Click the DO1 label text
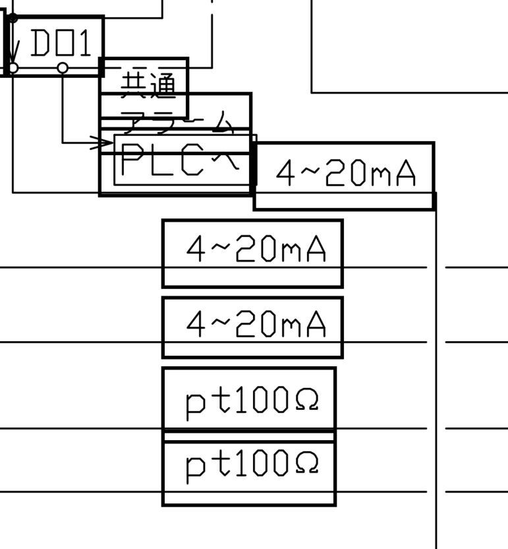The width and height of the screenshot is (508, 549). pyautogui.click(x=60, y=44)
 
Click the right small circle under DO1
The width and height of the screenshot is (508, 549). pyautogui.click(x=63, y=67)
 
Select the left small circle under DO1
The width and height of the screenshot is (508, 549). pyautogui.click(x=13, y=67)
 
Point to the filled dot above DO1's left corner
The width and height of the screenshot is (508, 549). pyautogui.click(x=13, y=18)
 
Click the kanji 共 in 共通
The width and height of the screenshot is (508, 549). pyautogui.click(x=132, y=84)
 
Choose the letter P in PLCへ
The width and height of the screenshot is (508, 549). pyautogui.click(x=134, y=160)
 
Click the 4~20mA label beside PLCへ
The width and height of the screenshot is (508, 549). pyautogui.click(x=346, y=174)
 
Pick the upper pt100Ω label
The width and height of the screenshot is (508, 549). pyautogui.click(x=252, y=401)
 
